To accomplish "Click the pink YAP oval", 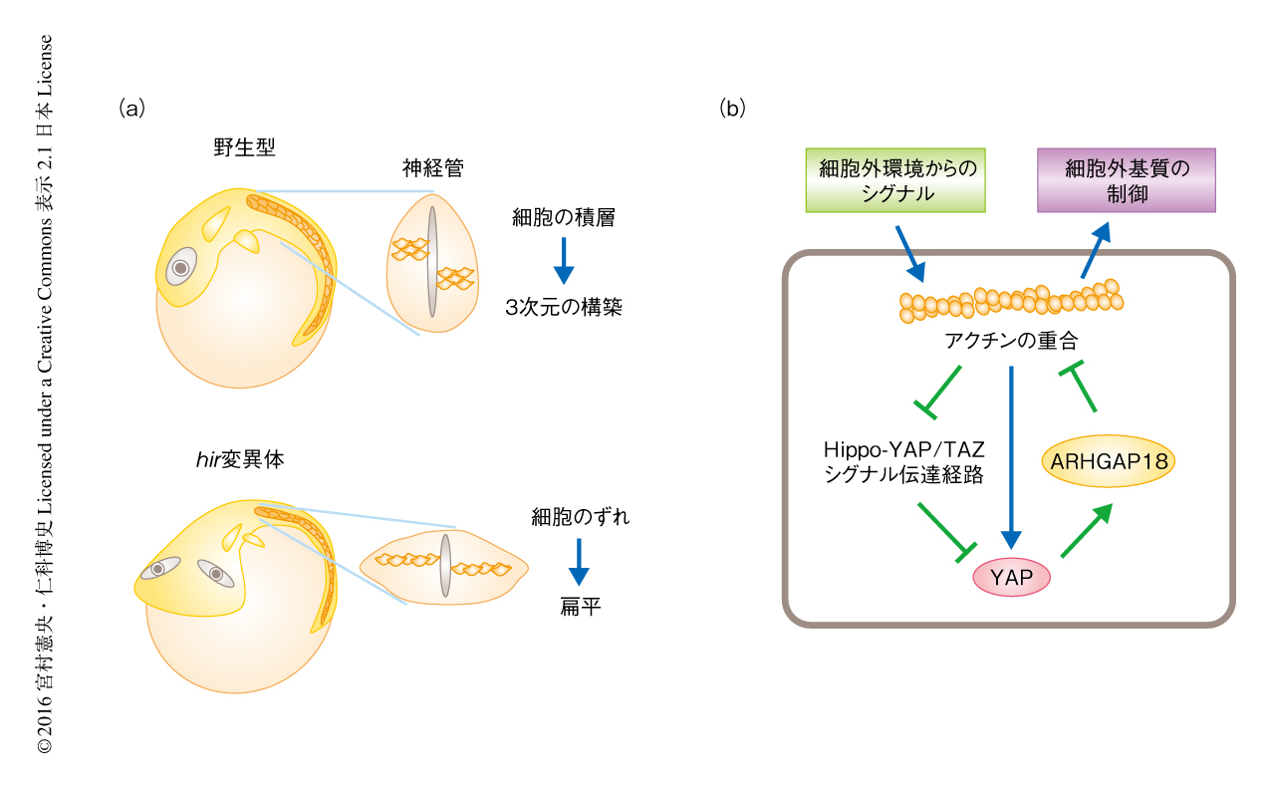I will coord(1011,576).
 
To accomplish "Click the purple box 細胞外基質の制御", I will coord(1127,180).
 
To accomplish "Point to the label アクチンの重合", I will coord(1011,341).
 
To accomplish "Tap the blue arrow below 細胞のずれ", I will coord(578,563).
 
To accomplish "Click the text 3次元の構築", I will coord(564,307).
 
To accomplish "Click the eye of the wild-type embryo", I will coord(181,267).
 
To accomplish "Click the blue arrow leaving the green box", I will coord(909,252).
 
